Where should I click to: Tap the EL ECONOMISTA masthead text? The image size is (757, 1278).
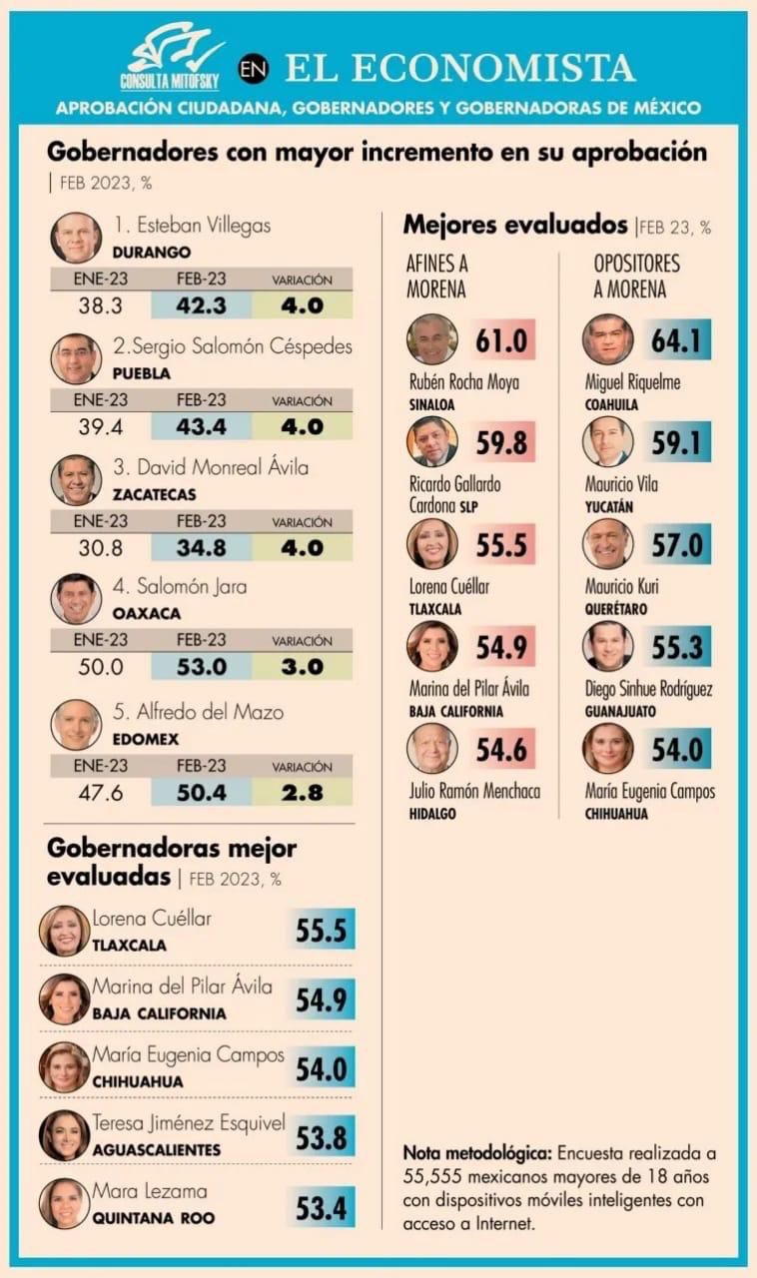(x=459, y=67)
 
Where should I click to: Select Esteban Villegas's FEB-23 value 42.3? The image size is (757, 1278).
(x=201, y=307)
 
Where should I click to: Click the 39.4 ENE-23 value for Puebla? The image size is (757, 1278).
(x=100, y=427)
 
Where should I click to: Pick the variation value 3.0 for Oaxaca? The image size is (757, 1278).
(x=302, y=668)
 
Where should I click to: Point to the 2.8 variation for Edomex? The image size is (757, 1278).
(x=302, y=793)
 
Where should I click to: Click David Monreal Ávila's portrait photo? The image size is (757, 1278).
(x=76, y=480)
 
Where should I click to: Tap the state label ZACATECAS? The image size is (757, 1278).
(x=155, y=495)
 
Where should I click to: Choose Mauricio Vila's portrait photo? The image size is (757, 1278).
(x=607, y=441)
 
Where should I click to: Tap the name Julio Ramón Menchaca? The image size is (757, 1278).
(x=474, y=792)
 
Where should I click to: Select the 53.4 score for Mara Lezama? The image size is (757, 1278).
(x=321, y=1209)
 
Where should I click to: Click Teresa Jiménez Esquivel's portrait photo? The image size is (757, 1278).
(x=64, y=1135)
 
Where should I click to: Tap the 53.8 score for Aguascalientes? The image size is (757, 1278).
(x=321, y=1137)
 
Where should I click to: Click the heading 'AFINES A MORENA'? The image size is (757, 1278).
(x=436, y=277)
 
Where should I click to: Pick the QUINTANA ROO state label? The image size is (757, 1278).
(x=153, y=1218)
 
